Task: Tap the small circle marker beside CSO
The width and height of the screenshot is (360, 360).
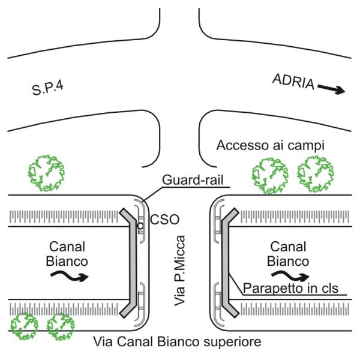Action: click(139, 226)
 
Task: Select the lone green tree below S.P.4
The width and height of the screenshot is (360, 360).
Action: click(46, 172)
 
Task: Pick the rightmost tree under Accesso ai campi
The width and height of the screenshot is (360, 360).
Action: click(316, 173)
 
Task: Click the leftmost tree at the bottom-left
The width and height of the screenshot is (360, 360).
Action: click(22, 325)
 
